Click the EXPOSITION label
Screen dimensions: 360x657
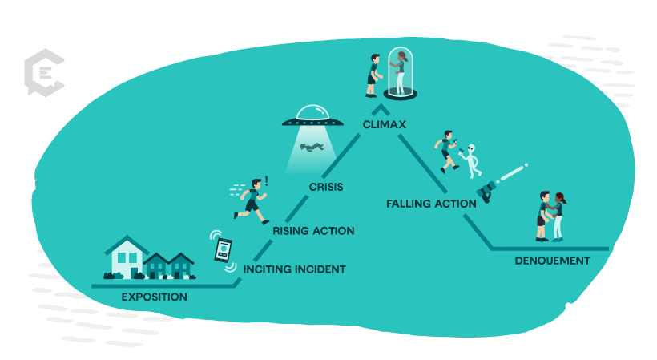154,297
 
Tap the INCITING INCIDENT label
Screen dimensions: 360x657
294,269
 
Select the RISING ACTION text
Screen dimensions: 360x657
313,231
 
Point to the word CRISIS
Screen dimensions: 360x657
326,188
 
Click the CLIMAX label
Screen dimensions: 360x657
384,125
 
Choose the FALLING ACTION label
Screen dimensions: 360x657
431,204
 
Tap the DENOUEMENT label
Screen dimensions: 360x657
552,261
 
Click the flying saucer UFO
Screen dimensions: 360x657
312,118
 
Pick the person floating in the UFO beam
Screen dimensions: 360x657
312,147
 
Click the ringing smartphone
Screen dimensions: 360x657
223,250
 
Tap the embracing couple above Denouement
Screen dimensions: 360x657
550,216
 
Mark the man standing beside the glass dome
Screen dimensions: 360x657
373,75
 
